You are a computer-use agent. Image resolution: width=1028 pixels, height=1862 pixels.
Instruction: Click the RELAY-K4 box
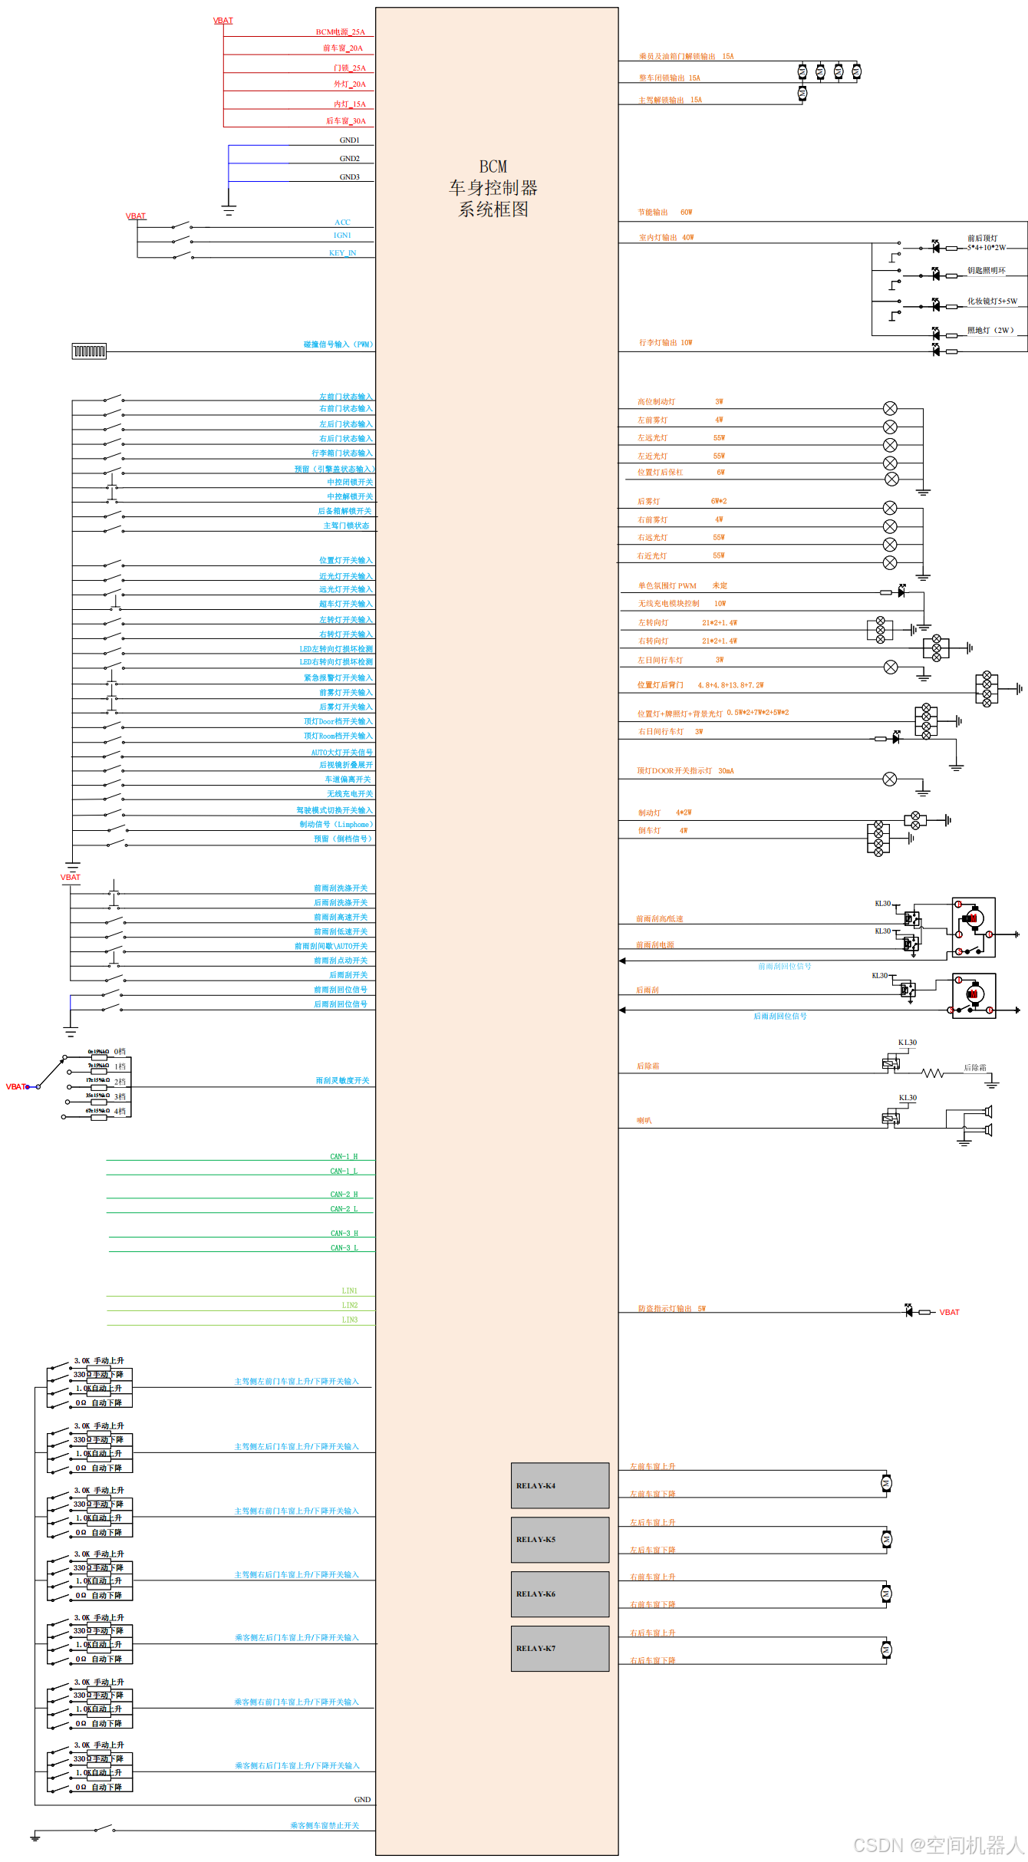point(560,1485)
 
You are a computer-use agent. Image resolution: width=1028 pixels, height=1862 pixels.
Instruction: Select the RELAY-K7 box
point(560,1648)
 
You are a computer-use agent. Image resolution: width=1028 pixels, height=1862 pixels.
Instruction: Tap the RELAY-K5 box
point(560,1539)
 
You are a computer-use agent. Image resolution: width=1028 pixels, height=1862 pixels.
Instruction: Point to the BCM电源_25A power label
point(341,32)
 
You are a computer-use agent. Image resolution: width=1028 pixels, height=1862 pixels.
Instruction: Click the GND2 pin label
point(349,159)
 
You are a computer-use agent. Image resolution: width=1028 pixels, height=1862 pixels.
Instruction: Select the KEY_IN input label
point(342,253)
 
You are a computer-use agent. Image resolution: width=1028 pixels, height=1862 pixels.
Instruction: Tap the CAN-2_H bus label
point(344,1195)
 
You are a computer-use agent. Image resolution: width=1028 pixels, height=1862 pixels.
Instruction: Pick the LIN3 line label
point(350,1320)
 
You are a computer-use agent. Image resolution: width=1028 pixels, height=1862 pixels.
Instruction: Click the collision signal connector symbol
point(89,351)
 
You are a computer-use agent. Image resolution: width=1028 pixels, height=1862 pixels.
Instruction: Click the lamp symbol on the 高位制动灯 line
point(890,408)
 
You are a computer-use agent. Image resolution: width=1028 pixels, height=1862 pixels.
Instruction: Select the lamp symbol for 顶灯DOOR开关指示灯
point(890,779)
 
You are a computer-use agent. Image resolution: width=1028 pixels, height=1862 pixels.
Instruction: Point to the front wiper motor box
point(974,927)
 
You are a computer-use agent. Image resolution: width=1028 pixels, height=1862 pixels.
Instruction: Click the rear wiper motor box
point(974,995)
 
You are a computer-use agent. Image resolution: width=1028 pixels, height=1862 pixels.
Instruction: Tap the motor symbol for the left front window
point(886,1484)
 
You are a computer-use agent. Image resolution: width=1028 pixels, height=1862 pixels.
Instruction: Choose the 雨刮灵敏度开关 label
point(342,1081)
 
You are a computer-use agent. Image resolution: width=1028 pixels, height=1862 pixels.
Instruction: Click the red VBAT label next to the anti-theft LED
point(950,1313)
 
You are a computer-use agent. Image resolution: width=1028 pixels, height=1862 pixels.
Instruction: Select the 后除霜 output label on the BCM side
point(648,1066)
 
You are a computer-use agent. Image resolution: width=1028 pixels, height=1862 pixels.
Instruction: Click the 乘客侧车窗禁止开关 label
point(325,1826)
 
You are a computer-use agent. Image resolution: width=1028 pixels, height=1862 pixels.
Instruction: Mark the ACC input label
point(342,222)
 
